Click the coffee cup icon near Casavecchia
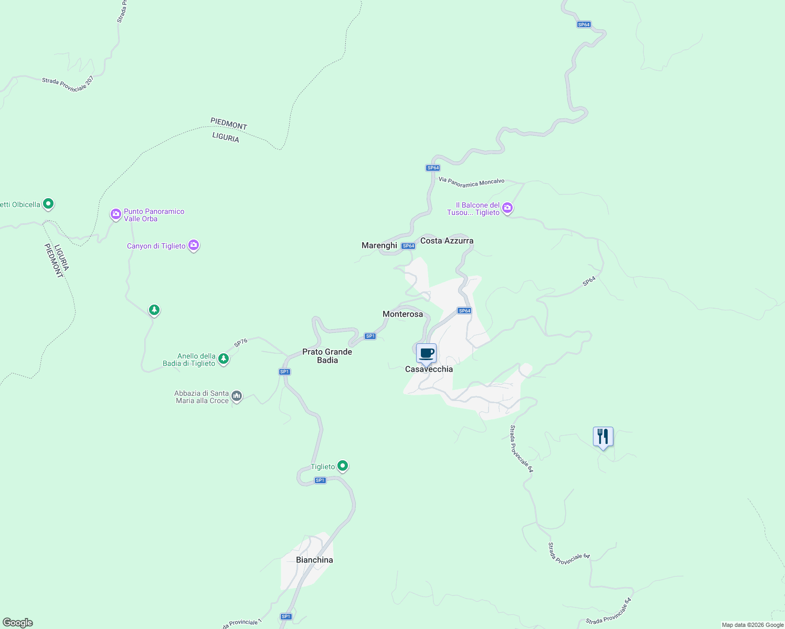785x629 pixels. pos(426,353)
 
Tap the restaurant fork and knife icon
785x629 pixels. pos(603,437)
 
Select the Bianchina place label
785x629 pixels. pos(314,560)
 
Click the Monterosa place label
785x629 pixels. pos(402,314)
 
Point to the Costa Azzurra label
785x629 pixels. pos(447,241)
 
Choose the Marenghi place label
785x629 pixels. pos(379,245)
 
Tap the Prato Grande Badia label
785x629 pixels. pos(327,356)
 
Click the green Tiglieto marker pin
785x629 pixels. pos(343,465)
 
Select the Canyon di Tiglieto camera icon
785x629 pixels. pos(194,245)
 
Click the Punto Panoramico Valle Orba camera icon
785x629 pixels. pos(115,214)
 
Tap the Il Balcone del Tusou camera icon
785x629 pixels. pos(507,208)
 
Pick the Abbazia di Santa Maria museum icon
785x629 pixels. pos(237,396)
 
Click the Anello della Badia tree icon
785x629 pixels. pos(224,359)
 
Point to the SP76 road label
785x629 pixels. pos(241,343)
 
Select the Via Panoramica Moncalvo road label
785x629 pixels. pos(471,182)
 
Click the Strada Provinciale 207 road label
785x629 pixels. pos(68,84)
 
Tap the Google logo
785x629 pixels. pos(18,623)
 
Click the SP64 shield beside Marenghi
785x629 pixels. pos(408,246)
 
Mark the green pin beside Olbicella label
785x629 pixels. pos(48,203)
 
